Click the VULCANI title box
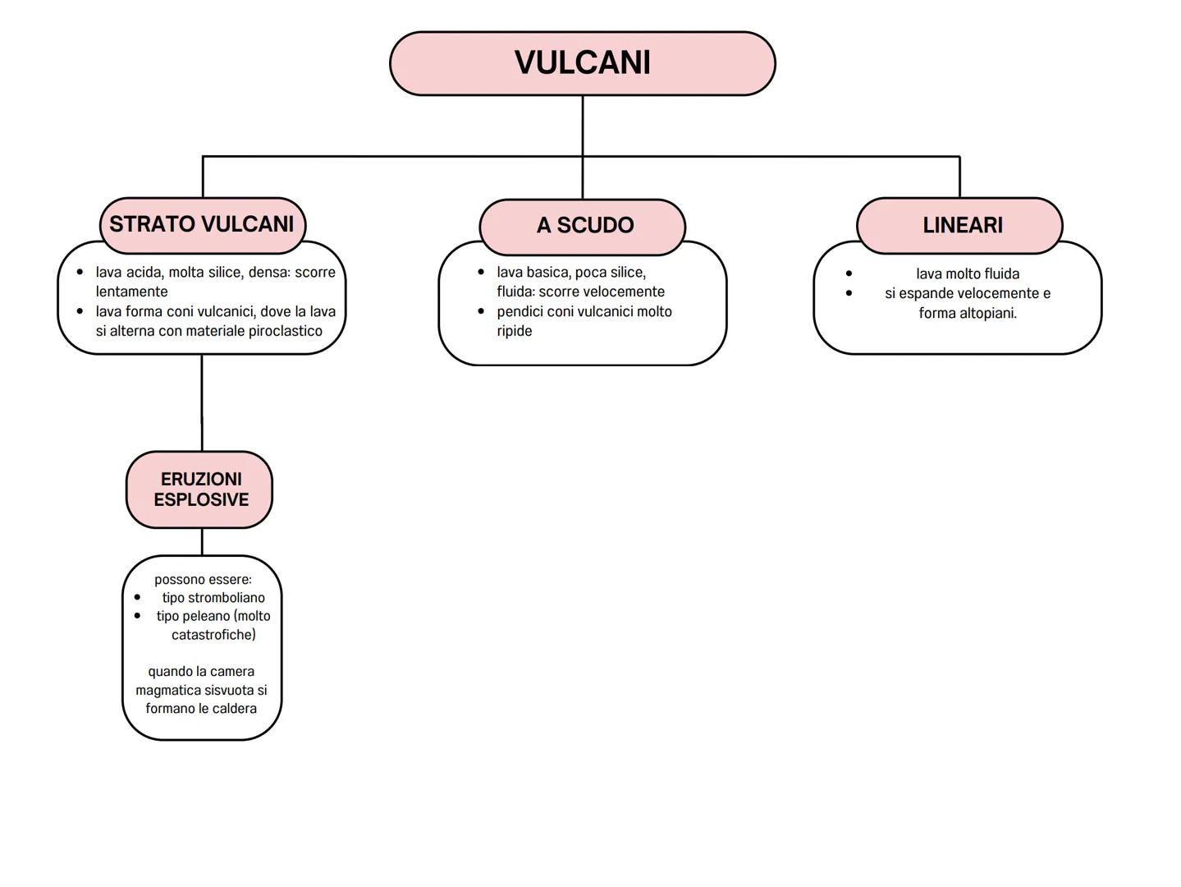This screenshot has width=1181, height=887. coord(582,63)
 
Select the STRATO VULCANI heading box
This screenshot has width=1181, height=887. coord(202,224)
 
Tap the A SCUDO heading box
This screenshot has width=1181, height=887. coord(583,226)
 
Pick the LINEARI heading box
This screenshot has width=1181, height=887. coord(960,225)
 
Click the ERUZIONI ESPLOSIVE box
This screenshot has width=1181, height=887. coord(199,489)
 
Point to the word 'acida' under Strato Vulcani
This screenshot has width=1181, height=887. coord(145,272)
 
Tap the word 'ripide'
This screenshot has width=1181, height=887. coord(515,331)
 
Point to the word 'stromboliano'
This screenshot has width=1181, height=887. coord(227,598)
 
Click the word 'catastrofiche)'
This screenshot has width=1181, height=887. coord(213,635)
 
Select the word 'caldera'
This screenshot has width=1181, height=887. coord(235,709)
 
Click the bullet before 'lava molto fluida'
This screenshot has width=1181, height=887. coord(849,273)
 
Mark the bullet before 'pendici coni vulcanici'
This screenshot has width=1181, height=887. coord(481,311)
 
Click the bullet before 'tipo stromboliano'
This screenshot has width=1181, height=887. coord(137,598)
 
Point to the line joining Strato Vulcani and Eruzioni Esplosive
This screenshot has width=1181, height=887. coord(202,402)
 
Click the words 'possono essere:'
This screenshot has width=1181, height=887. coord(203,580)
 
